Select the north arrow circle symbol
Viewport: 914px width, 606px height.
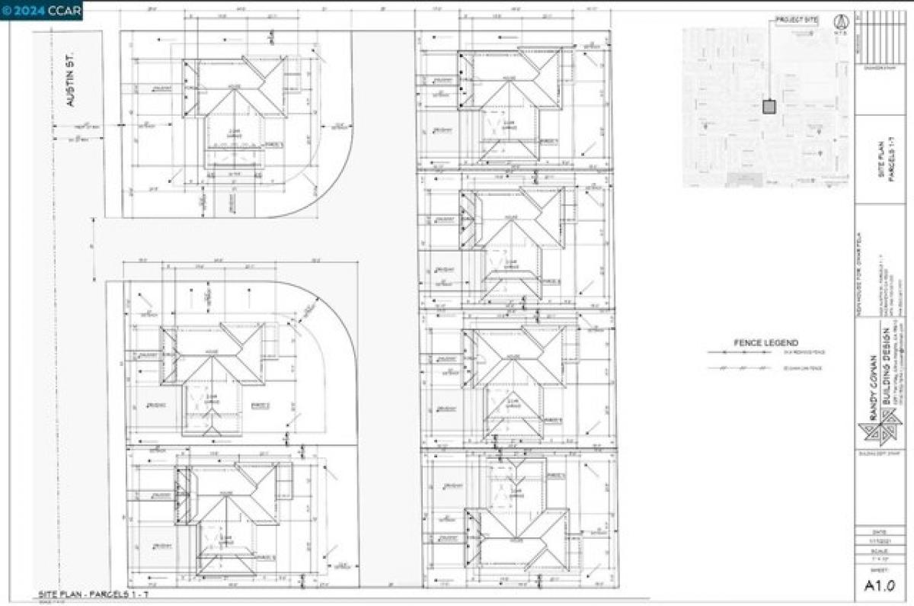[840, 21]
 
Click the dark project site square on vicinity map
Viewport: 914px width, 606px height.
[769, 107]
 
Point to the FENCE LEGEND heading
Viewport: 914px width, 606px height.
[755, 343]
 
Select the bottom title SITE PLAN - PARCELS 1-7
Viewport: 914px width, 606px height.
[92, 594]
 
